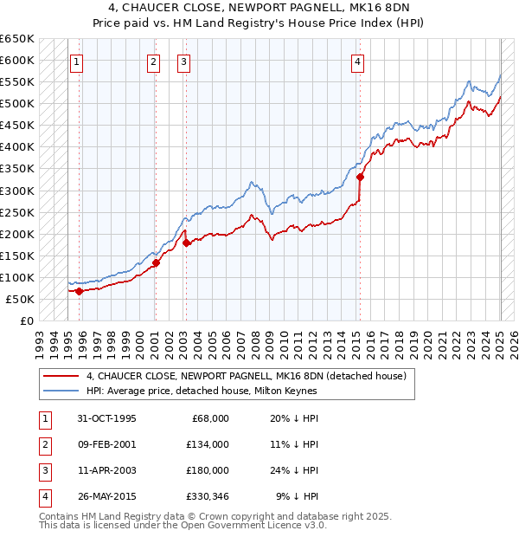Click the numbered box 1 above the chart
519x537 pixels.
(x=78, y=61)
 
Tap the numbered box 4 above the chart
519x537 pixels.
(x=357, y=61)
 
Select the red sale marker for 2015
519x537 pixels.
(x=361, y=177)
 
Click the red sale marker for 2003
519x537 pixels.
(x=187, y=243)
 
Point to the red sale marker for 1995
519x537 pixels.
(x=79, y=291)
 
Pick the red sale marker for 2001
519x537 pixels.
(x=156, y=262)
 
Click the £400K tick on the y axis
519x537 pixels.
(x=17, y=147)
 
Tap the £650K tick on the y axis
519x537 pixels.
(x=17, y=39)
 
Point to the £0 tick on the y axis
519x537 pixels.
(x=26, y=321)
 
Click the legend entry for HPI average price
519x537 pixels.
(x=202, y=391)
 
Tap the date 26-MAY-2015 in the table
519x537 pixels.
(x=107, y=497)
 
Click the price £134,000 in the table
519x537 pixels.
(x=207, y=444)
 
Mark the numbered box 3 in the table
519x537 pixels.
(x=43, y=471)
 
